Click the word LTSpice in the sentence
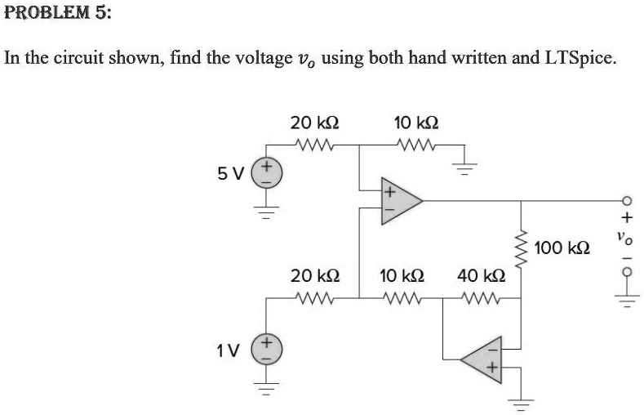(x=579, y=59)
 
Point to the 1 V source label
(x=229, y=350)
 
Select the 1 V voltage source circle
(x=264, y=350)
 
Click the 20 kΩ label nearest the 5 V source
(x=315, y=123)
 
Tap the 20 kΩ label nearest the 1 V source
(x=315, y=275)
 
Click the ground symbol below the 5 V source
(x=264, y=212)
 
